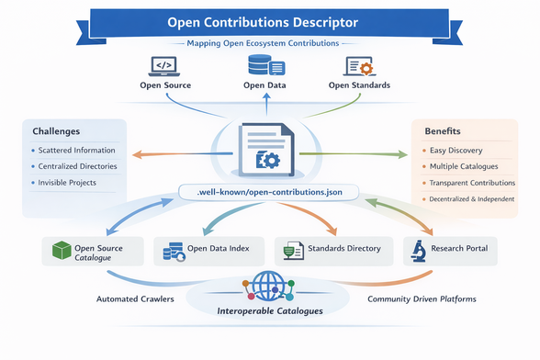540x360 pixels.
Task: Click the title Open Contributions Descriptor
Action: click(269, 20)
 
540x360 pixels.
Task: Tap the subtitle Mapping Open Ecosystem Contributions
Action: click(269, 43)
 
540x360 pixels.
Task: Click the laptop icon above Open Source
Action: click(163, 66)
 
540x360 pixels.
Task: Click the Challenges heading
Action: click(57, 131)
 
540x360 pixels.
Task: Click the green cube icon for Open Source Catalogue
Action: click(61, 251)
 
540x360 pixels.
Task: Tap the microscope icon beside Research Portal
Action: click(417, 250)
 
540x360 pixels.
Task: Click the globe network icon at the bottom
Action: click(269, 284)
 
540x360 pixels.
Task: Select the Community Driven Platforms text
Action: click(419, 298)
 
